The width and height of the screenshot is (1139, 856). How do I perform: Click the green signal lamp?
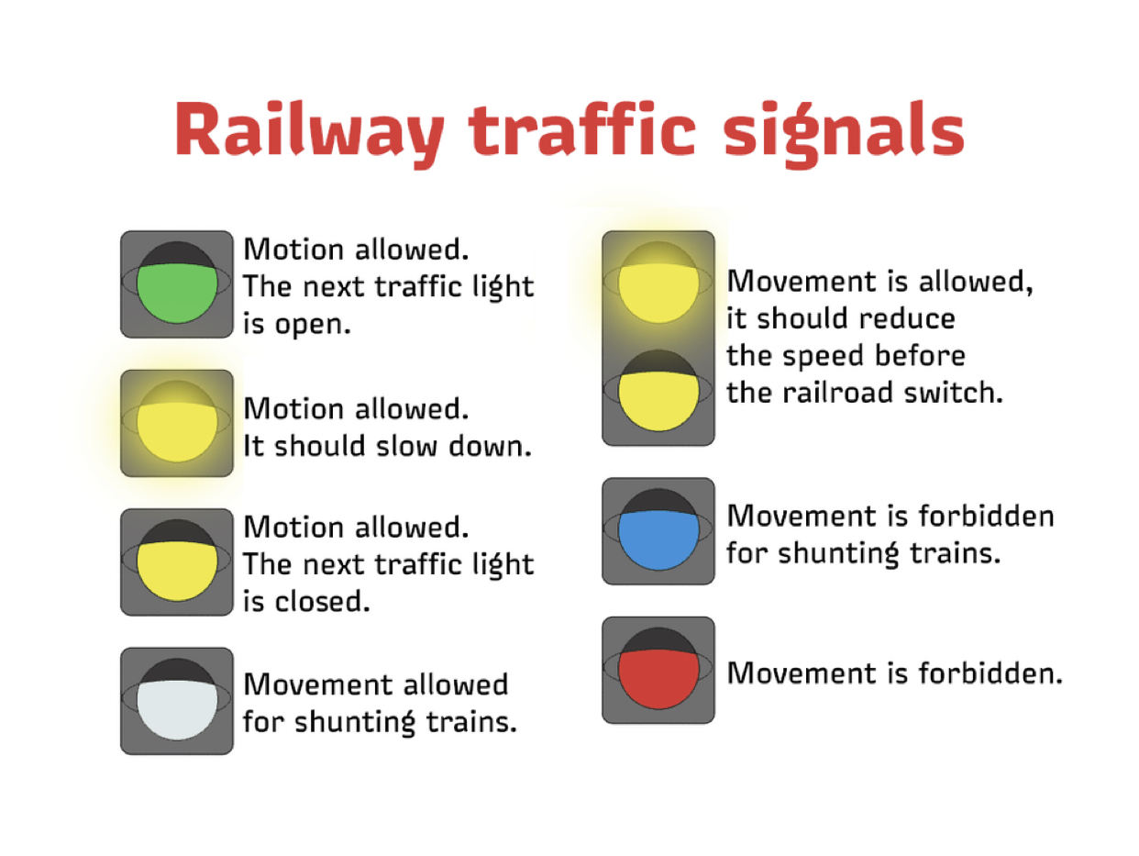pyautogui.click(x=177, y=283)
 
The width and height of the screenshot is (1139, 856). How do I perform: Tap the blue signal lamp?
pyautogui.click(x=658, y=529)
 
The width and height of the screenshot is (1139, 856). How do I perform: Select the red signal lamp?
pyautogui.click(x=658, y=669)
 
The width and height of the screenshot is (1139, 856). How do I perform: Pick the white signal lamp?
pyautogui.click(x=177, y=699)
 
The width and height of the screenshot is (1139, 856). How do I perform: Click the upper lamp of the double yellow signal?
pyautogui.click(x=658, y=283)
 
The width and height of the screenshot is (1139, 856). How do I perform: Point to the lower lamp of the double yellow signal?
pyautogui.click(x=658, y=390)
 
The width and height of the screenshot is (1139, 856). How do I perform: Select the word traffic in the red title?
pyautogui.click(x=581, y=129)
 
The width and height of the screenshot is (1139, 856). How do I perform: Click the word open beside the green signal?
pyautogui.click(x=313, y=326)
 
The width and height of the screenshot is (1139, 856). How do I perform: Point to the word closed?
pyautogui.click(x=322, y=601)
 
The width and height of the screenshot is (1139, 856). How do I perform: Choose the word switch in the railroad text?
pyautogui.click(x=953, y=392)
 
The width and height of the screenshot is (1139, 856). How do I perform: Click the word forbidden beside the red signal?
pyautogui.click(x=990, y=673)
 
